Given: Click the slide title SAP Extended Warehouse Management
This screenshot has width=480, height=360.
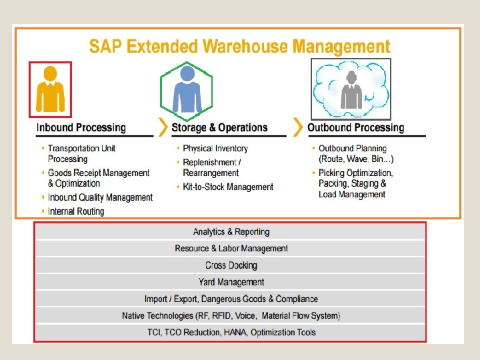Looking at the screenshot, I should pos(239,46).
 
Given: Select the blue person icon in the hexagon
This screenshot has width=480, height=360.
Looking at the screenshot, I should pos(186,89).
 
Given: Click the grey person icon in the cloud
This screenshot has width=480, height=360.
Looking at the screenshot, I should pos(351,89).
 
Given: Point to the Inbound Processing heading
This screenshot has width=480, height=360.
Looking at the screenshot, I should pos(81,127).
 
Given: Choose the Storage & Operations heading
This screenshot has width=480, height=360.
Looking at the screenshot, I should pos(219,127).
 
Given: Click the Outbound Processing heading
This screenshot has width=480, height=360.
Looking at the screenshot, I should pos(355,127).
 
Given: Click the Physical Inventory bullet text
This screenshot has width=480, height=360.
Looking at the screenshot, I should pos(215,148).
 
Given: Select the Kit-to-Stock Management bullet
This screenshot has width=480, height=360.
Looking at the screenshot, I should pos(228,187).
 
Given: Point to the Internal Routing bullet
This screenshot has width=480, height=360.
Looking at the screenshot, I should pos(76,211).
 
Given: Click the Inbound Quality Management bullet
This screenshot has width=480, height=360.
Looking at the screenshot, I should pos(100,197).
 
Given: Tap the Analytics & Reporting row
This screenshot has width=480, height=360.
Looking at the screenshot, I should pos(231,232).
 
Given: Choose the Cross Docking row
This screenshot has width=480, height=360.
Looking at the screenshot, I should pos(231,265).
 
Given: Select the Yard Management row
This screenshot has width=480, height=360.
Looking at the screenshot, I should pos(231,282).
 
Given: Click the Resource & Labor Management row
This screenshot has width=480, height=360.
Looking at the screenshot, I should pos(231,249).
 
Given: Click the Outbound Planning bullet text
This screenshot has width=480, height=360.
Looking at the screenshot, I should pos(353,148).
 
